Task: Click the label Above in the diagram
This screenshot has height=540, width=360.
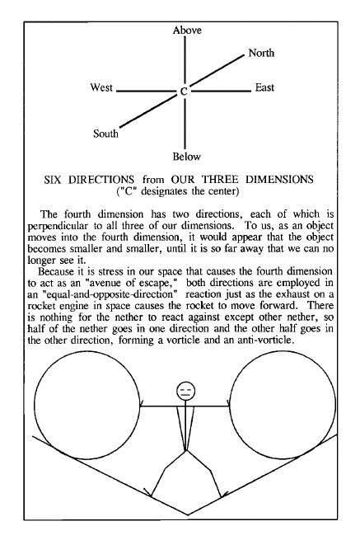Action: pyautogui.click(x=187, y=31)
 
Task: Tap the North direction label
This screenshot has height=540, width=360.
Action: pyautogui.click(x=261, y=53)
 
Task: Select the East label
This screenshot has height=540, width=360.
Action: pyautogui.click(x=264, y=87)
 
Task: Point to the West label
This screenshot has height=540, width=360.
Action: pyautogui.click(x=101, y=87)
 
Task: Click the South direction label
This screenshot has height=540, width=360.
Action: pyautogui.click(x=105, y=134)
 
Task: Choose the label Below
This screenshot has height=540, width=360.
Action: pyautogui.click(x=186, y=157)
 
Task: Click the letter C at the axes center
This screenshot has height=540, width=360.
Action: pyautogui.click(x=185, y=92)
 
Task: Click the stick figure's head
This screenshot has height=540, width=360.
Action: pyautogui.click(x=186, y=391)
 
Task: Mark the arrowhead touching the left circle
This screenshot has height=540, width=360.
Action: pyautogui.click(x=142, y=404)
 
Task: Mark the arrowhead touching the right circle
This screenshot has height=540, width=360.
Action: pyautogui.click(x=227, y=404)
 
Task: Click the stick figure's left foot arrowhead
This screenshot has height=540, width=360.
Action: pyautogui.click(x=149, y=493)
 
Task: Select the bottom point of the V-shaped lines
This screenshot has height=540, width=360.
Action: pyautogui.click(x=188, y=515)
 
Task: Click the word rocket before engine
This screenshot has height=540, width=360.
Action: pyautogui.click(x=38, y=306)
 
